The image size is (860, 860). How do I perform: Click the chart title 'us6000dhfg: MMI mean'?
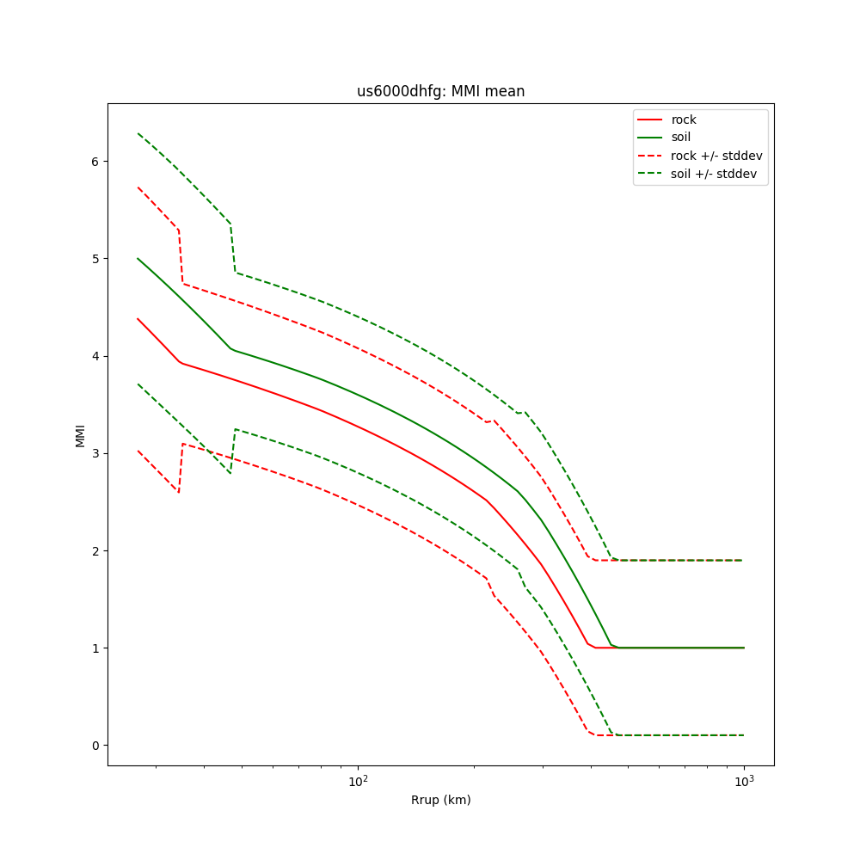[440, 91]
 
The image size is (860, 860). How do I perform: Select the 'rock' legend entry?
[684, 120]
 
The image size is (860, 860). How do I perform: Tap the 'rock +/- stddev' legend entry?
[716, 156]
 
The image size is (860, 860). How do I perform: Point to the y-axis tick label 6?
[95, 162]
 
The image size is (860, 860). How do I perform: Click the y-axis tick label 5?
[95, 259]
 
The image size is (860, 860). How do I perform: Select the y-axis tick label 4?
[95, 356]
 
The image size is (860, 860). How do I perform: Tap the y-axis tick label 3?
[95, 453]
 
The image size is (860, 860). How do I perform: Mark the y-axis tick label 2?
[95, 550]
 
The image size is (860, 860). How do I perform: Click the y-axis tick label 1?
[95, 648]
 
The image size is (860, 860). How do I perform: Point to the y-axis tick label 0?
[95, 745]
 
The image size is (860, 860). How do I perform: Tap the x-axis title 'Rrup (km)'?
[440, 800]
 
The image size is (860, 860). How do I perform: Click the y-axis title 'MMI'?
[80, 435]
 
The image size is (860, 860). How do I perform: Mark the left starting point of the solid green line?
[138, 258]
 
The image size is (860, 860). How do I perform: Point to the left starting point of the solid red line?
[138, 319]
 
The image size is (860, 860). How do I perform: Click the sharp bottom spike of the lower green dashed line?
[230, 473]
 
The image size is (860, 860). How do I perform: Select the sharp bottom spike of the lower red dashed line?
[179, 493]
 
